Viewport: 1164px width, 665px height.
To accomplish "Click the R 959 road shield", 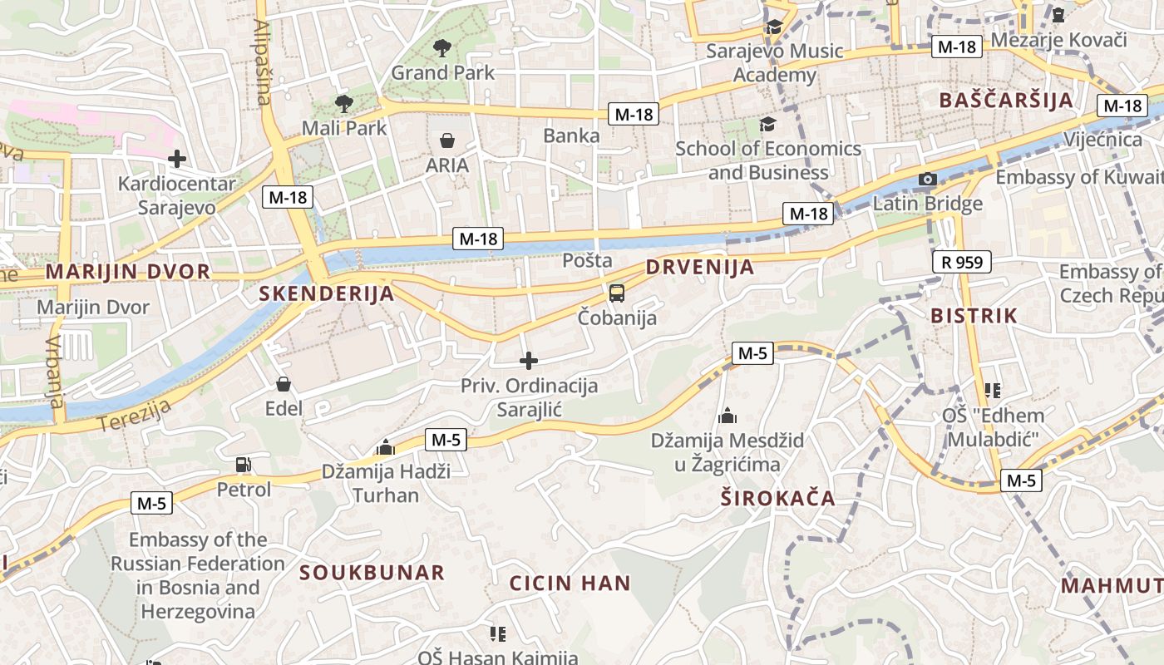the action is click(962, 262).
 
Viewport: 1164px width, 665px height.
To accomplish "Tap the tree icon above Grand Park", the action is click(442, 48).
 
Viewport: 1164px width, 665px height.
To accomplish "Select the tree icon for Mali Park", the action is click(343, 104).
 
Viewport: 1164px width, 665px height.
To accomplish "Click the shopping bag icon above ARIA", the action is click(447, 140).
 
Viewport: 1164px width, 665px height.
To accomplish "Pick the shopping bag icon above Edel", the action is click(284, 384).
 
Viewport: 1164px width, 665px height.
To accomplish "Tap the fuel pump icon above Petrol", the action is click(244, 465).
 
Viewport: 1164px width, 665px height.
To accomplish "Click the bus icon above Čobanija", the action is click(617, 293).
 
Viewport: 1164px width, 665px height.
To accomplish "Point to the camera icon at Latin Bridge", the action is click(928, 179).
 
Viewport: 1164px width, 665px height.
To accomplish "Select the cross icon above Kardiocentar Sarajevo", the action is click(176, 158).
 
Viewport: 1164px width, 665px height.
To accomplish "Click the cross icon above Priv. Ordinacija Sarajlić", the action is click(529, 361).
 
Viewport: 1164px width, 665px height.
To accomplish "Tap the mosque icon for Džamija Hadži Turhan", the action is click(386, 447).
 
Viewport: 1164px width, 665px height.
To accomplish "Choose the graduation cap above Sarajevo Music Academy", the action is click(774, 27).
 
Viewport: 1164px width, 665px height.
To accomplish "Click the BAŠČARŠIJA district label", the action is click(1006, 101).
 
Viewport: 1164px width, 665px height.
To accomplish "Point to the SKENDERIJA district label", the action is click(326, 293).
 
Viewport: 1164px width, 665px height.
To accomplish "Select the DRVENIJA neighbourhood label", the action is click(700, 267).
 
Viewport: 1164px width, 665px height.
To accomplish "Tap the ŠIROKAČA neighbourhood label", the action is click(777, 499).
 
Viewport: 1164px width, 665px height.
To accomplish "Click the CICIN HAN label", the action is click(570, 583).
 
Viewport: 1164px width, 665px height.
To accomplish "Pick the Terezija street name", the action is click(134, 415).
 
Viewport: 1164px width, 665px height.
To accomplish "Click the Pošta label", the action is click(587, 260).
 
